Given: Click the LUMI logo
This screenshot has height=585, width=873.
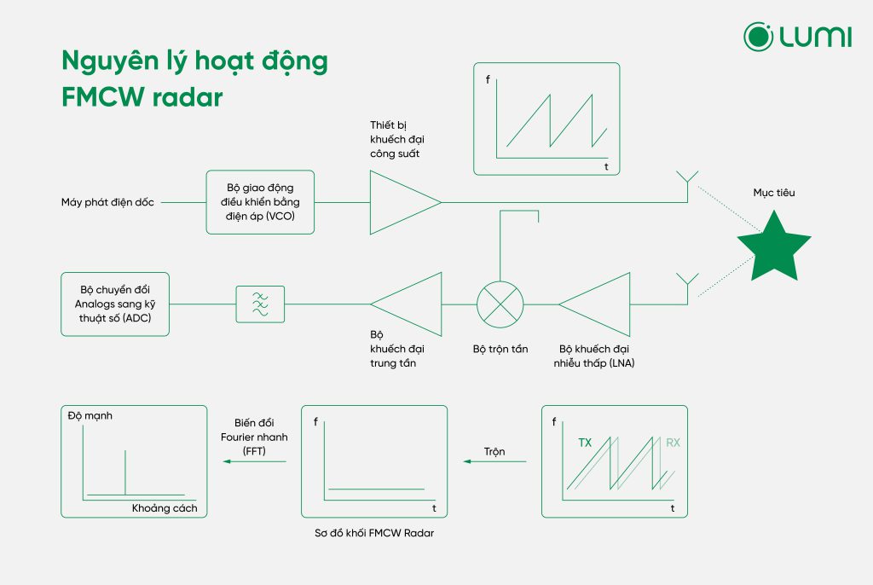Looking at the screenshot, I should coord(797,37).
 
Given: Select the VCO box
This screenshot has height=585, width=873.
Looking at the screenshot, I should coord(260,202).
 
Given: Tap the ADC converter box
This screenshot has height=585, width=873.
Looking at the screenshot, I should coord(115,304).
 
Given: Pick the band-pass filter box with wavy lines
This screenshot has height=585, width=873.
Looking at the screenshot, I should coord(260,304).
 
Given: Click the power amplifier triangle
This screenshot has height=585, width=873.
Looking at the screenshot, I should coord(401,202).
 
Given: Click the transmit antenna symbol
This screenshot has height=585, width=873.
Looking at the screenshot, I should coord(687,182).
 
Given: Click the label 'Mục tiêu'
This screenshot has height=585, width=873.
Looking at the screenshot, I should coord(773,193).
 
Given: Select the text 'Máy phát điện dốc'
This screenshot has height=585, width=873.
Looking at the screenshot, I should coord(107,203).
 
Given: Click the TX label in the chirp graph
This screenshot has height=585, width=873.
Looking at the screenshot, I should coord(585,443).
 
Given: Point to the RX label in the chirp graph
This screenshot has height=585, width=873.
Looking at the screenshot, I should coord(674,443).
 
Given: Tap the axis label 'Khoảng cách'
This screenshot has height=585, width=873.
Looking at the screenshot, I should coord(165,508).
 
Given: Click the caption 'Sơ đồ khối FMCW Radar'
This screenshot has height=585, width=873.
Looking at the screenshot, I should coord(375,534).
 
